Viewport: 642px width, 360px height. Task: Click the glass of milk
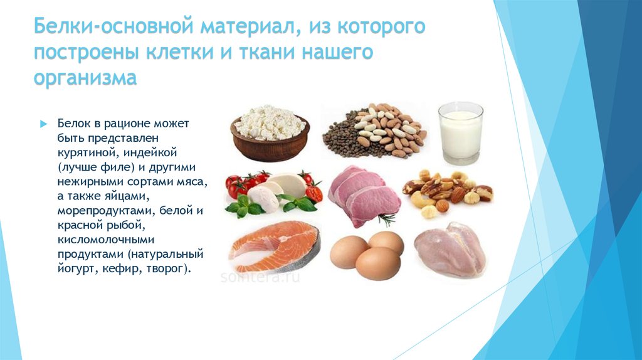pos(461,133)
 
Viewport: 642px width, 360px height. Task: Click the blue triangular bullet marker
pos(44,124)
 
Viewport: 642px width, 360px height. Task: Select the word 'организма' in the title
pos(85,78)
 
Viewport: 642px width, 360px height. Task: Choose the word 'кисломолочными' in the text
pos(105,239)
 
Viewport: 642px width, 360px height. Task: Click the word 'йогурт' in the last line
pos(76,269)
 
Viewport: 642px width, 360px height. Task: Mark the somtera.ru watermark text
pos(260,277)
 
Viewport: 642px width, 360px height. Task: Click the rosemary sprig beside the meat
pos(387,220)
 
